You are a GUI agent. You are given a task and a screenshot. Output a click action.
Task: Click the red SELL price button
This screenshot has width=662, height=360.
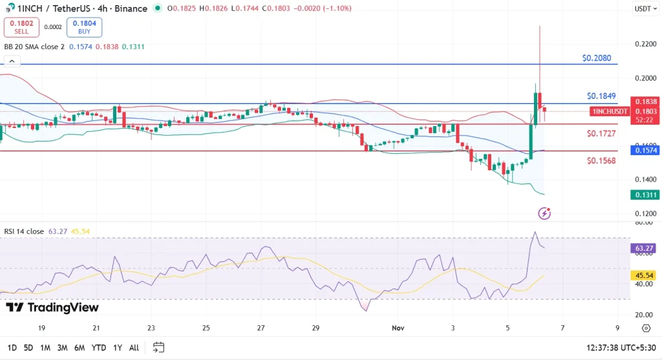pyautogui.click(x=21, y=26)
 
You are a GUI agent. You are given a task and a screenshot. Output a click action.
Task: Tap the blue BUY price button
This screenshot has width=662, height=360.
pyautogui.click(x=84, y=26)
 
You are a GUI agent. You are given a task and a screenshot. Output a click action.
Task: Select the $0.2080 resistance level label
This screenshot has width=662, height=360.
pyautogui.click(x=595, y=58)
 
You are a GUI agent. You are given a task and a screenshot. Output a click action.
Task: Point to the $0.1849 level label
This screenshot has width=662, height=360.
pyautogui.click(x=601, y=96)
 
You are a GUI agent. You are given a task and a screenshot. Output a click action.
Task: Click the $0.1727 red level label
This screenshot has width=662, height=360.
pyautogui.click(x=601, y=133)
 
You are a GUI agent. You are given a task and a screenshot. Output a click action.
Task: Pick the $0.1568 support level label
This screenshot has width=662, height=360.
pyautogui.click(x=601, y=160)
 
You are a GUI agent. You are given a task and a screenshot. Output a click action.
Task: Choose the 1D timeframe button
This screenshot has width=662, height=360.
pyautogui.click(x=12, y=348)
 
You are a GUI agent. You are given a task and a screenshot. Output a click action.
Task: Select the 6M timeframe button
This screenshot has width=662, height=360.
pyautogui.click(x=80, y=348)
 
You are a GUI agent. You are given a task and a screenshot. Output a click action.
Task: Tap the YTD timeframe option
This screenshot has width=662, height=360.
pyautogui.click(x=99, y=348)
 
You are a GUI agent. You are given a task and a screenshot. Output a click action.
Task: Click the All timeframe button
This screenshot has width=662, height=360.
pyautogui.click(x=134, y=348)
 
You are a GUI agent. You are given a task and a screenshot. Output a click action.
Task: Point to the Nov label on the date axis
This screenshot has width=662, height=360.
pyautogui.click(x=398, y=328)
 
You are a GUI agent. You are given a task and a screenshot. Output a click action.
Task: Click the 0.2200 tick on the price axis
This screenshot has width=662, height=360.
pyautogui.click(x=644, y=44)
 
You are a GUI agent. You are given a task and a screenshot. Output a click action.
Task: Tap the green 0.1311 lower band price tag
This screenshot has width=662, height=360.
pyautogui.click(x=646, y=195)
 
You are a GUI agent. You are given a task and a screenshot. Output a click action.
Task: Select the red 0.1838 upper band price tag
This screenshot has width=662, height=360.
pyautogui.click(x=646, y=101)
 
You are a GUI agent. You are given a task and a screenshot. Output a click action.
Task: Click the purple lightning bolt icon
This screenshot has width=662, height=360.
pyautogui.click(x=544, y=213)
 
